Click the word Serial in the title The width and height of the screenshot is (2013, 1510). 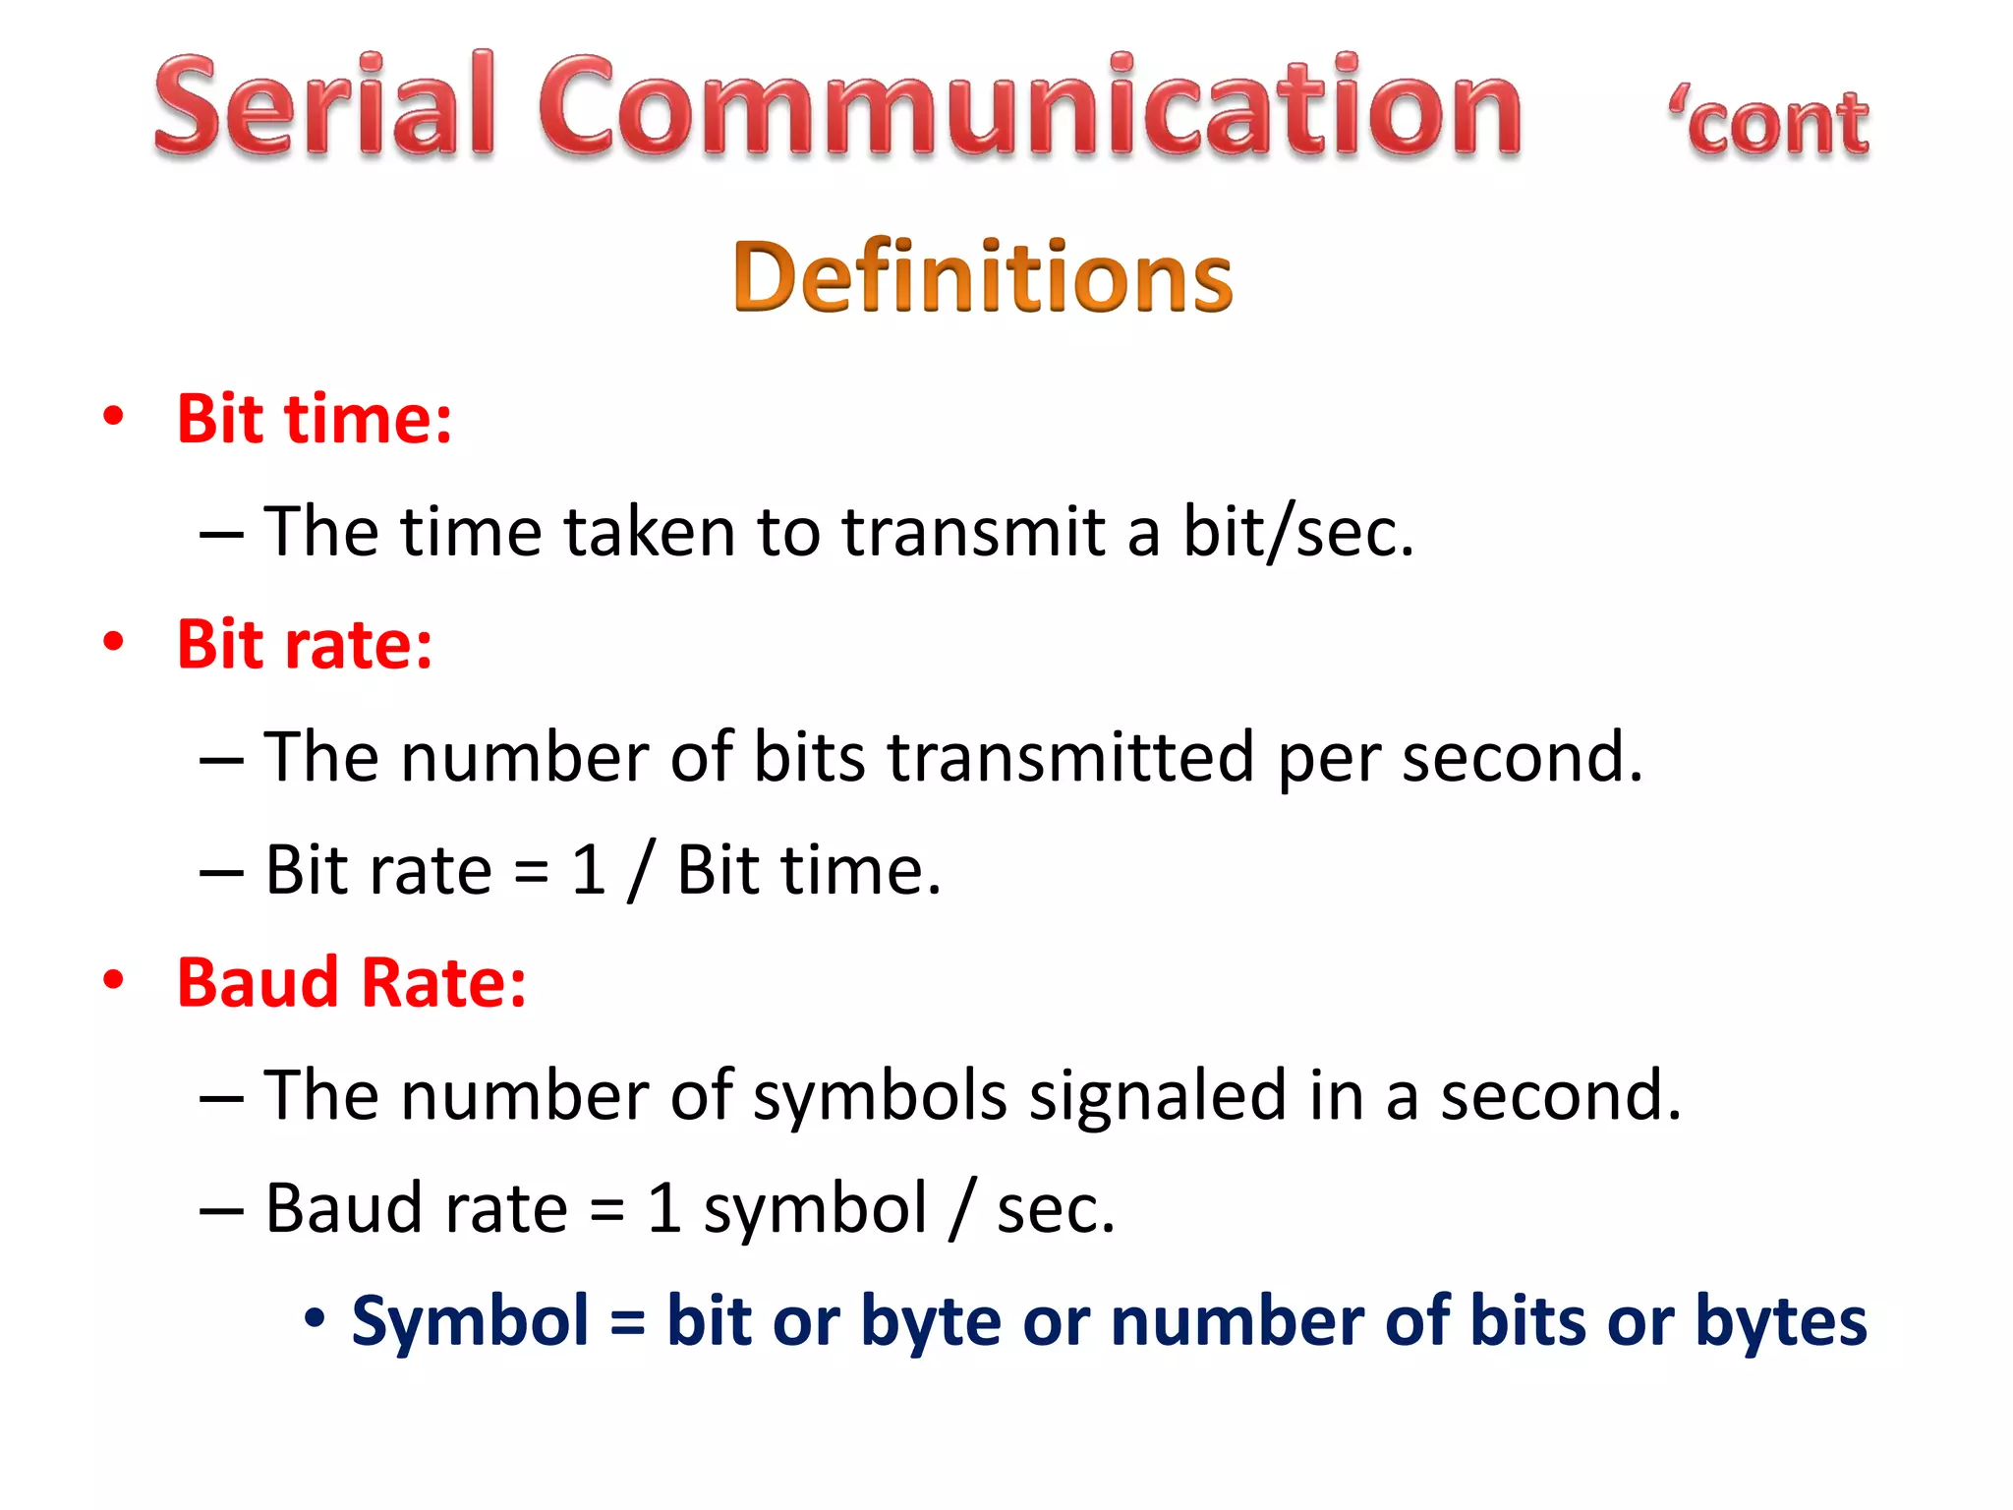[x=324, y=105]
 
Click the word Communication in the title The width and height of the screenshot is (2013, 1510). [x=1030, y=105]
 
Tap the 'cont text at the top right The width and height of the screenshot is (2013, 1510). [x=1769, y=125]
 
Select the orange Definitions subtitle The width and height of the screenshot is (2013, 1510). [x=983, y=277]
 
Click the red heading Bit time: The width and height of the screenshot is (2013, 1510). [x=315, y=420]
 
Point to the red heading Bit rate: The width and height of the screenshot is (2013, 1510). [x=305, y=645]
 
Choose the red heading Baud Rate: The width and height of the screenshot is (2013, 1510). [x=352, y=983]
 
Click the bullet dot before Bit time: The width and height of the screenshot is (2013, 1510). [x=114, y=416]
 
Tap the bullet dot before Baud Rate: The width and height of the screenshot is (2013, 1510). [x=114, y=980]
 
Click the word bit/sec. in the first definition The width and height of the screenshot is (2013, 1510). [x=1297, y=533]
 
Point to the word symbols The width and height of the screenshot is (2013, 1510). [x=880, y=1097]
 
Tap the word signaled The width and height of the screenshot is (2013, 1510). [x=1157, y=1097]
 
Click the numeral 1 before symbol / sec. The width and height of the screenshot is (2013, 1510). [x=665, y=1209]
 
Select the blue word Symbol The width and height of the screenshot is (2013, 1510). [x=470, y=1321]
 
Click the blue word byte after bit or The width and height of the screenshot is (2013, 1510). [x=930, y=1323]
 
